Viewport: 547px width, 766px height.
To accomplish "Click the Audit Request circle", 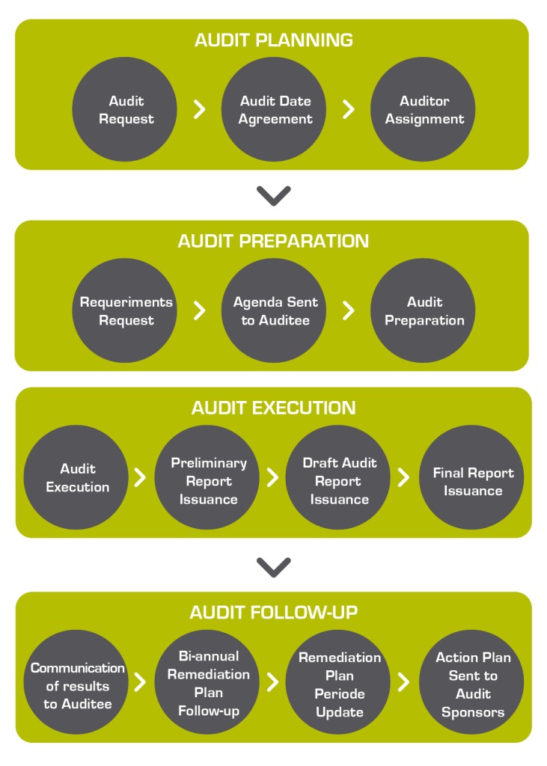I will (124, 109).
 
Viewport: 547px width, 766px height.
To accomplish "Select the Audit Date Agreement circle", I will (275, 109).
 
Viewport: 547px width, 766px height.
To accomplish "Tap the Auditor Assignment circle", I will (424, 109).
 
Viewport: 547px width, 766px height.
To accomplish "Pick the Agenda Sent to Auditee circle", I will (275, 310).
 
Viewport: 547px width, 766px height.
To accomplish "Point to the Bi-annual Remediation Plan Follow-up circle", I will (208, 682).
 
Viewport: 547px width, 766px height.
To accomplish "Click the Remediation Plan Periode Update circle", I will (339, 684).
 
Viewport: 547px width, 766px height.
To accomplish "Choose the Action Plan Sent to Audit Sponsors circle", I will (472, 684).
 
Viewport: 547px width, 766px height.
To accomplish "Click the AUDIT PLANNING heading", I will (274, 40).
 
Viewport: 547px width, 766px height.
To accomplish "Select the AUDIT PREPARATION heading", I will (273, 241).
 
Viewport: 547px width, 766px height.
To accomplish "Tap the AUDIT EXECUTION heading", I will (273, 408).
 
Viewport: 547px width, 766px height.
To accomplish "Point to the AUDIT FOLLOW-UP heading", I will (273, 613).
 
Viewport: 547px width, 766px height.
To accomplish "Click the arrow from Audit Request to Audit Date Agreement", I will (199, 110).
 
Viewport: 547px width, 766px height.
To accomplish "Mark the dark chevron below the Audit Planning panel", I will (273, 195).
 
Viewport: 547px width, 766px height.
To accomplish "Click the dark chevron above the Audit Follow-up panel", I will (273, 567).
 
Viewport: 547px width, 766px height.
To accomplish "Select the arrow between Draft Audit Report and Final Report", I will (404, 477).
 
